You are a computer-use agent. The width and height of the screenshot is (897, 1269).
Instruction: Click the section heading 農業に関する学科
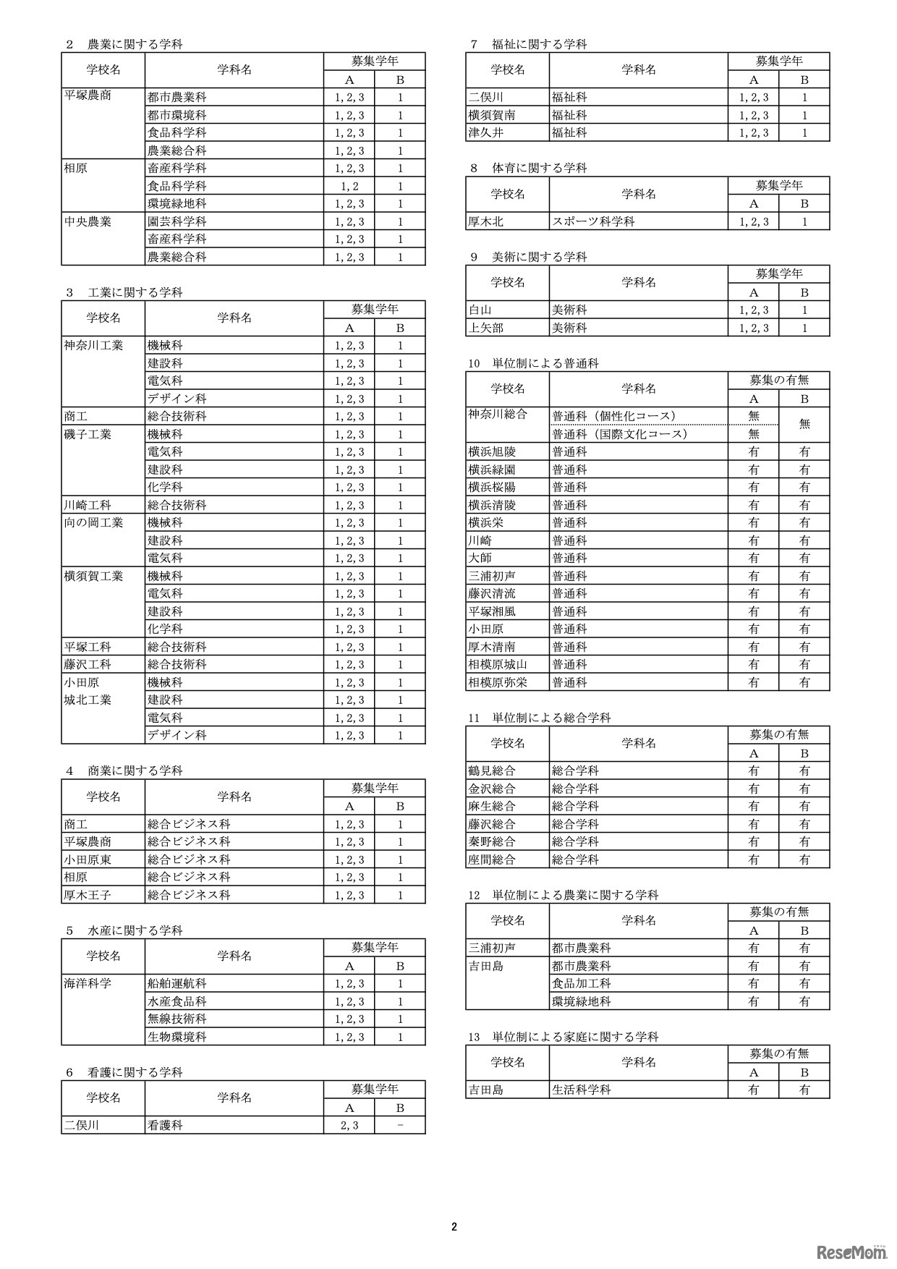(135, 44)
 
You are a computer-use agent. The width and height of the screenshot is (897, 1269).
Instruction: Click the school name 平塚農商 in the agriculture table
(88, 96)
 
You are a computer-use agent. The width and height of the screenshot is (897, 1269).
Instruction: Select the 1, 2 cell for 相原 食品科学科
(349, 186)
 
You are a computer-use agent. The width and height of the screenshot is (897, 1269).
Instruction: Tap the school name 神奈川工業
(93, 345)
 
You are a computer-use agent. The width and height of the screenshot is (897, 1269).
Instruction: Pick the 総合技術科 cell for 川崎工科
(177, 505)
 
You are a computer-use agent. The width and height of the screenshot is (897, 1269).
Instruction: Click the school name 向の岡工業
(93, 522)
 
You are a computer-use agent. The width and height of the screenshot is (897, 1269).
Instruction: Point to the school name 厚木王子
(88, 895)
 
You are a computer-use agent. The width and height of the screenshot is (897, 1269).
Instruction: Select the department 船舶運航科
(177, 984)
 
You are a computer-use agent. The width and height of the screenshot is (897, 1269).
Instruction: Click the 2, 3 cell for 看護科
(349, 1126)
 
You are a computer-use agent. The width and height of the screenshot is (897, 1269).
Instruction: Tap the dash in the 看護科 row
(400, 1126)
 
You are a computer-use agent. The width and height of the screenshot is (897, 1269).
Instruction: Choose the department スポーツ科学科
(593, 221)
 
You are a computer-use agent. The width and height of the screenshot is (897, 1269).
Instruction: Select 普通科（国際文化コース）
(619, 434)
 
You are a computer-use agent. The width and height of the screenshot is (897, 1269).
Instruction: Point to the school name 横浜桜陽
(492, 487)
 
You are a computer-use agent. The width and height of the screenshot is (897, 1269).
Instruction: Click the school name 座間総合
(492, 860)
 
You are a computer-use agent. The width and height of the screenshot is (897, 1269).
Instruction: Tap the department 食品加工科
(582, 984)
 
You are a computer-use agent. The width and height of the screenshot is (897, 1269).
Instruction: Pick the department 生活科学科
(582, 1090)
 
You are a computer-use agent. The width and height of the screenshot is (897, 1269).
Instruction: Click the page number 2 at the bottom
(454, 1226)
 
